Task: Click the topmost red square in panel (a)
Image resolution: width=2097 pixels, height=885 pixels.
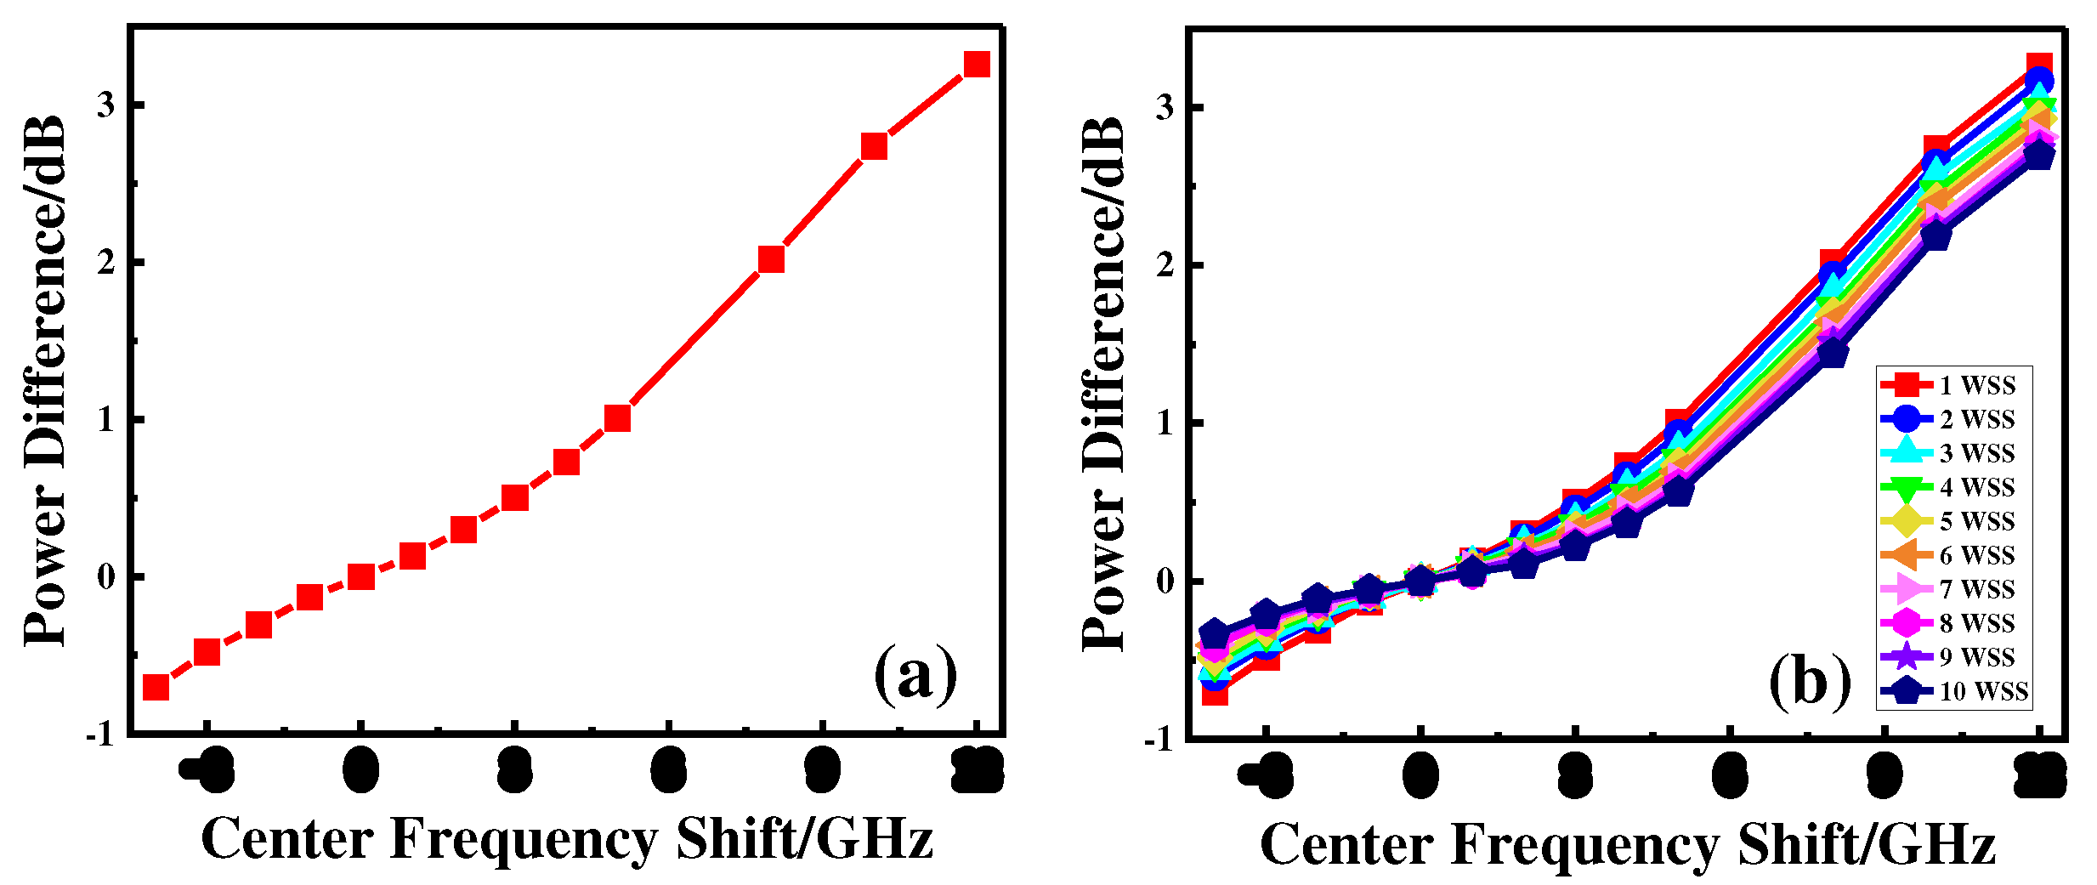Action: (x=977, y=64)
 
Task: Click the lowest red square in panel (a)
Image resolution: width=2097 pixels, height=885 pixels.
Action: (x=156, y=687)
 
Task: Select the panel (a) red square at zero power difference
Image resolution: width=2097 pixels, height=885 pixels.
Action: (x=361, y=577)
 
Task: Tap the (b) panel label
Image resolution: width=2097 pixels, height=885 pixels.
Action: (x=1809, y=683)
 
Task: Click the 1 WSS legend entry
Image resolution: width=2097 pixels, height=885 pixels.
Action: (x=1955, y=385)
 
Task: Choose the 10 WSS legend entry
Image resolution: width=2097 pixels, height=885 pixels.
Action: (x=1955, y=691)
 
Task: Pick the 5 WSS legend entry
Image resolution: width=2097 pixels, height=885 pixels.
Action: (x=1955, y=521)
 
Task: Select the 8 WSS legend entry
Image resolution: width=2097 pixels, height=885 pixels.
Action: (x=1955, y=623)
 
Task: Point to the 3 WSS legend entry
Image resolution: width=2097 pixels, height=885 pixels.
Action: (x=1955, y=453)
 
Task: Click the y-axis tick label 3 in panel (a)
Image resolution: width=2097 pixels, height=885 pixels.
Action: (x=105, y=105)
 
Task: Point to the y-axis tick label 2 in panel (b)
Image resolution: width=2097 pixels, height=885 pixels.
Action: (x=1165, y=264)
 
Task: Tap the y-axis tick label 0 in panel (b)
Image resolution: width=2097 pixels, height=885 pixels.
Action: (x=1165, y=581)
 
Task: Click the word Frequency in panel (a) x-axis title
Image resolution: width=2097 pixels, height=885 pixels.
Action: (x=523, y=840)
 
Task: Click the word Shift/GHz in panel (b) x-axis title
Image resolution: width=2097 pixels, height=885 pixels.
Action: (x=1866, y=845)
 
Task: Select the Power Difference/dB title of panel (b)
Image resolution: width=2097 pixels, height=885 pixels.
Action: (x=1102, y=383)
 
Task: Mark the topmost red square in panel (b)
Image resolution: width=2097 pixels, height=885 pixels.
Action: (x=2038, y=66)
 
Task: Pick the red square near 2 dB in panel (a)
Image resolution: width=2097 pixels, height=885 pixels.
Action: (x=771, y=259)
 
